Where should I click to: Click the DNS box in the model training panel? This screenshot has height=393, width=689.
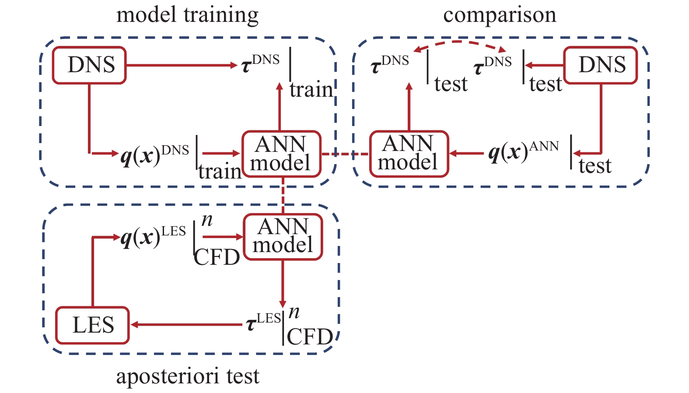coord(89,65)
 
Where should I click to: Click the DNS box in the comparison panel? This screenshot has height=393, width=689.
coord(601,65)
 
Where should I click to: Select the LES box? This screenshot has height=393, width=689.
coord(92,325)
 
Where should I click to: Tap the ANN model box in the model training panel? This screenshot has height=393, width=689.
coord(281,154)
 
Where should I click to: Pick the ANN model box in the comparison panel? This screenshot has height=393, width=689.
coord(409,154)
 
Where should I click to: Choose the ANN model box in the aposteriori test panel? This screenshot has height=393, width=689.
coord(283,236)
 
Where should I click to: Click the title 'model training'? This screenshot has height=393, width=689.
coord(187,15)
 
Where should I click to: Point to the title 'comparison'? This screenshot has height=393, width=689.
coord(500,15)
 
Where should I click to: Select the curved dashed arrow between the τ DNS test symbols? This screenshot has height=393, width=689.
coord(459,43)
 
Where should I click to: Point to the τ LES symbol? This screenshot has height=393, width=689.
coord(263,323)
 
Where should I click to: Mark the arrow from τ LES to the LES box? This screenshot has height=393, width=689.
coord(188,325)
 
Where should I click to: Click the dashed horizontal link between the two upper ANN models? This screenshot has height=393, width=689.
coord(346,154)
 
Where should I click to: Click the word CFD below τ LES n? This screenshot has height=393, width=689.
coord(310,337)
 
